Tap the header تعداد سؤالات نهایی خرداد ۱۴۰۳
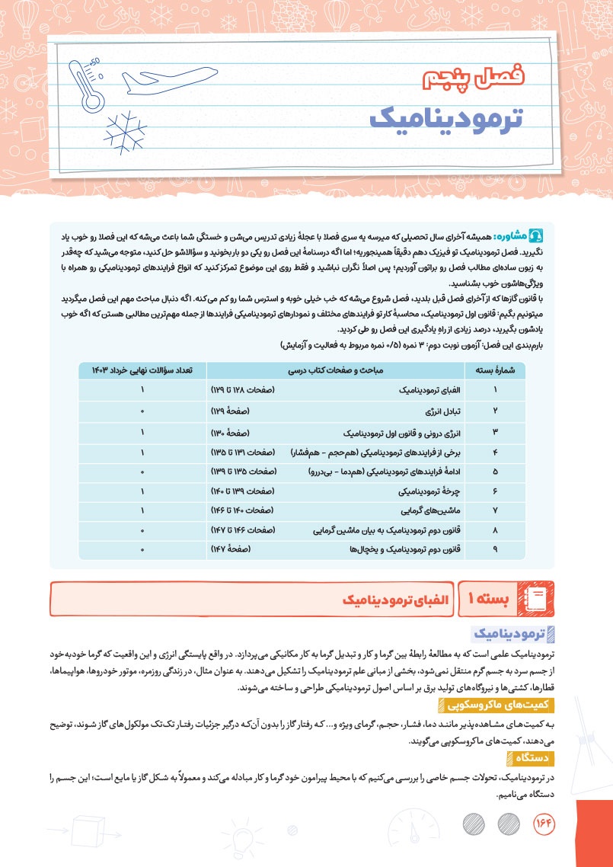tap(142, 371)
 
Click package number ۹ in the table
tap(495, 549)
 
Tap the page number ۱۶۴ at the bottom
tap(544, 824)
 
